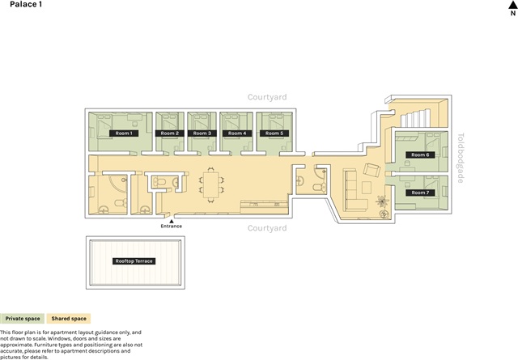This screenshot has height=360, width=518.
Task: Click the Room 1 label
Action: click(x=124, y=133)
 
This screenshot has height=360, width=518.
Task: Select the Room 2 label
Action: click(x=170, y=133)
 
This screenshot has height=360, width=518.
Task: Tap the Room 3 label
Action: click(x=202, y=133)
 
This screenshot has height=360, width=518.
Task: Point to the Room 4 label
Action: click(x=237, y=133)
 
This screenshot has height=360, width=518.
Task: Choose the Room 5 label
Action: click(x=274, y=133)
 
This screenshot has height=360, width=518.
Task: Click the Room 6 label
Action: click(x=420, y=155)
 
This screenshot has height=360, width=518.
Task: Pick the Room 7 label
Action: click(x=420, y=193)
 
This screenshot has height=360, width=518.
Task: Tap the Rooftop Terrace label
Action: click(x=134, y=261)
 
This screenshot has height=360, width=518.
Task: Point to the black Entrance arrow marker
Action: click(x=171, y=222)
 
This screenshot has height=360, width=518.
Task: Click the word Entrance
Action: click(x=171, y=227)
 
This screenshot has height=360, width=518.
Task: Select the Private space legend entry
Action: click(x=22, y=319)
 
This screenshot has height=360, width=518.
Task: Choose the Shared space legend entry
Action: click(x=69, y=319)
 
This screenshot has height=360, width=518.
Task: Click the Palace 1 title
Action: click(x=26, y=4)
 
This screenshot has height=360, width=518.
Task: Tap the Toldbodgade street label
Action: click(x=461, y=158)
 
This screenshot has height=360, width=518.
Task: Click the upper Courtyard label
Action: click(x=267, y=97)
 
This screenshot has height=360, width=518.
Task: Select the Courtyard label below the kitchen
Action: click(x=267, y=228)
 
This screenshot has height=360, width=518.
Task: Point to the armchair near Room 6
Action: click(x=372, y=170)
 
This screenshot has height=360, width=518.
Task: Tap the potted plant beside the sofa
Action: click(x=382, y=201)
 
